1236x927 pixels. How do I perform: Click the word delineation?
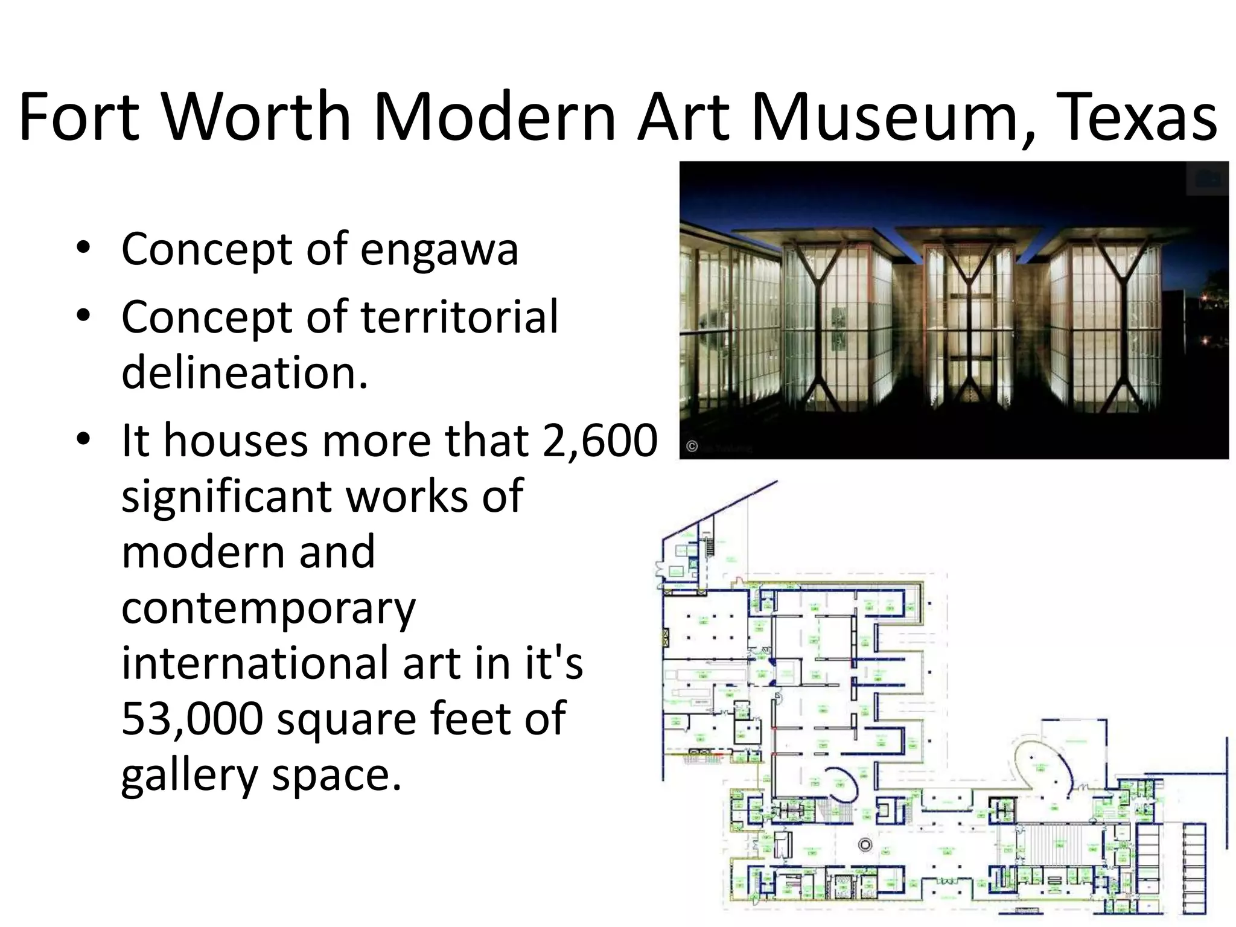(x=244, y=372)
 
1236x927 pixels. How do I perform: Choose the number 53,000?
(x=192, y=718)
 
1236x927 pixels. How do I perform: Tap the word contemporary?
(x=269, y=608)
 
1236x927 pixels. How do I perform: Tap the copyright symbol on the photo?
(x=692, y=447)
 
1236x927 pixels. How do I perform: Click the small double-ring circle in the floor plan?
(x=865, y=845)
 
